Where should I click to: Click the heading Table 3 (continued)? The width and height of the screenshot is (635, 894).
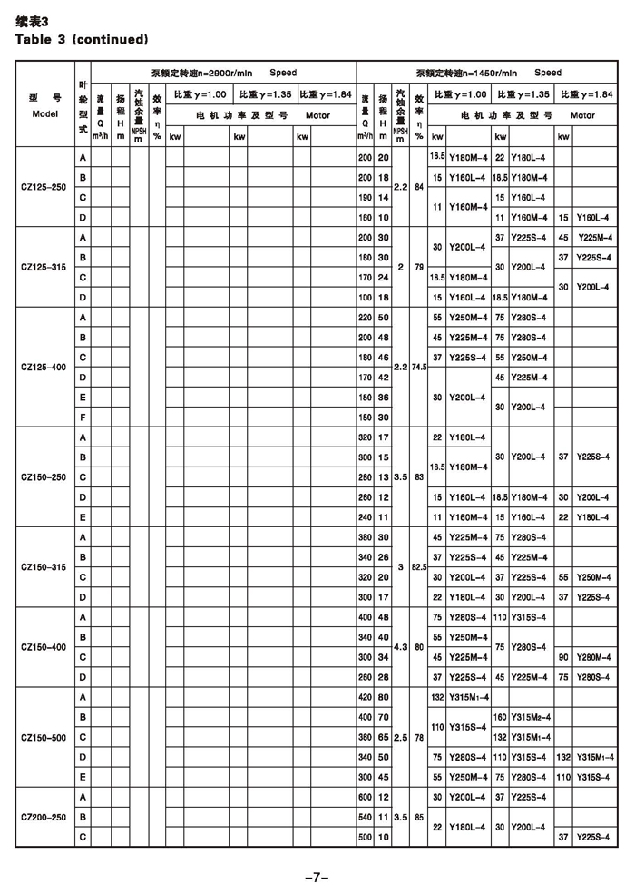tap(82, 39)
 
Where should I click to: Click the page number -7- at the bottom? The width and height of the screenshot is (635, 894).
tap(317, 877)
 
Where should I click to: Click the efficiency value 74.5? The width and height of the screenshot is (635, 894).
tap(418, 367)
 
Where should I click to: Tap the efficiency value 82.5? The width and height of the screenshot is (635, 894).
tap(418, 566)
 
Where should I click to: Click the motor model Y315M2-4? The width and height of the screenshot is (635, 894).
tap(531, 717)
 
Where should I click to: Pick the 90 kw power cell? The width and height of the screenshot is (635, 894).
tap(564, 656)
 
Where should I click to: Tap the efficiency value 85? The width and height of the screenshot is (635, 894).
tap(418, 817)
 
